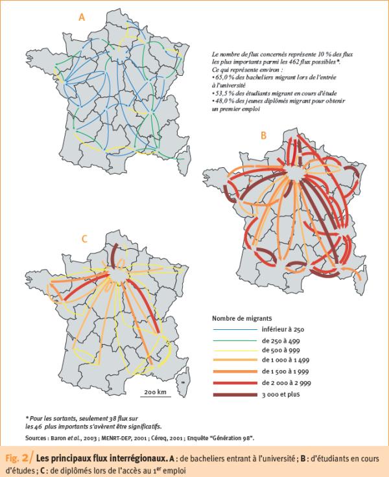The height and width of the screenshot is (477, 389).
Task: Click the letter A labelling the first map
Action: (x=82, y=19)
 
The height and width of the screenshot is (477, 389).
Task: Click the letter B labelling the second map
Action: (x=263, y=135)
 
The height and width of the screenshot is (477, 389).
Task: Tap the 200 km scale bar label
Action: (x=156, y=392)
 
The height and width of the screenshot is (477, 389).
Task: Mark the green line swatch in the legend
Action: (x=233, y=341)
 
